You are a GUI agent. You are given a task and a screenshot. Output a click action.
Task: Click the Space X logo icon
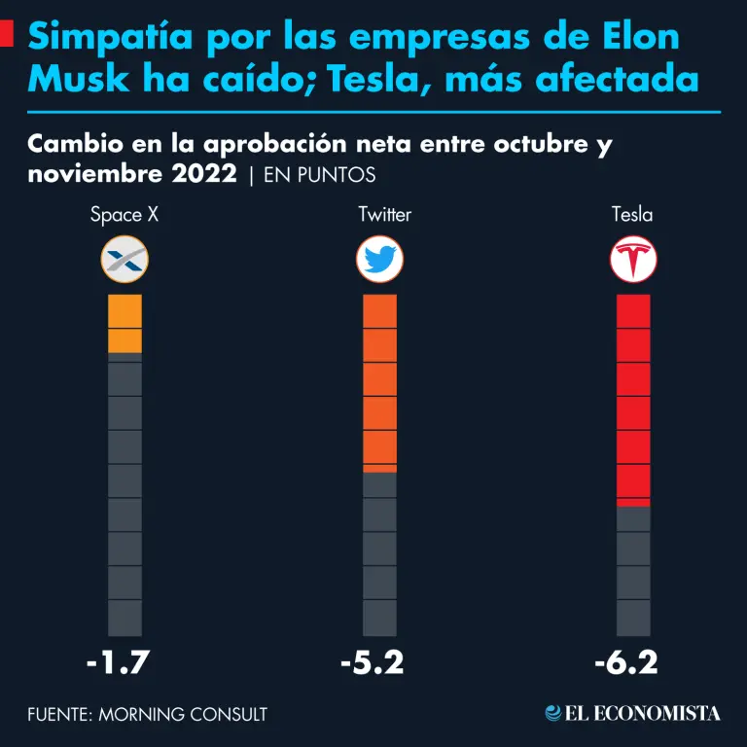click(x=124, y=260)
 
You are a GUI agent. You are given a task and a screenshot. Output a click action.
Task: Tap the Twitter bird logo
click(x=379, y=260)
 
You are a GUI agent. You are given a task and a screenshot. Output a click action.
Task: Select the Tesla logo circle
click(x=633, y=260)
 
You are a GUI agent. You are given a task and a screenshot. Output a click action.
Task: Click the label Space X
click(x=124, y=215)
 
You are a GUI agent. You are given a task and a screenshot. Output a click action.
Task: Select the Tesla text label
click(x=632, y=215)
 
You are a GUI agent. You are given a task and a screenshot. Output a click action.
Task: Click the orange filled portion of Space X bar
click(x=124, y=323)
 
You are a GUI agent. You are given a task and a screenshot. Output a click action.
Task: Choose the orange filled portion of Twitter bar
click(x=379, y=382)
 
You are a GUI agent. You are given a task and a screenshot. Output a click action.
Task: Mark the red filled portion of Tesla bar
click(x=633, y=400)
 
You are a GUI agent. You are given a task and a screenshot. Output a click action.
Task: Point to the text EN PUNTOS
click(x=320, y=175)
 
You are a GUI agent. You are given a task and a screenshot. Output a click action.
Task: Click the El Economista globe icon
click(x=553, y=713)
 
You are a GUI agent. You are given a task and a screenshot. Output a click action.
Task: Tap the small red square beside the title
click(x=6, y=37)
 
